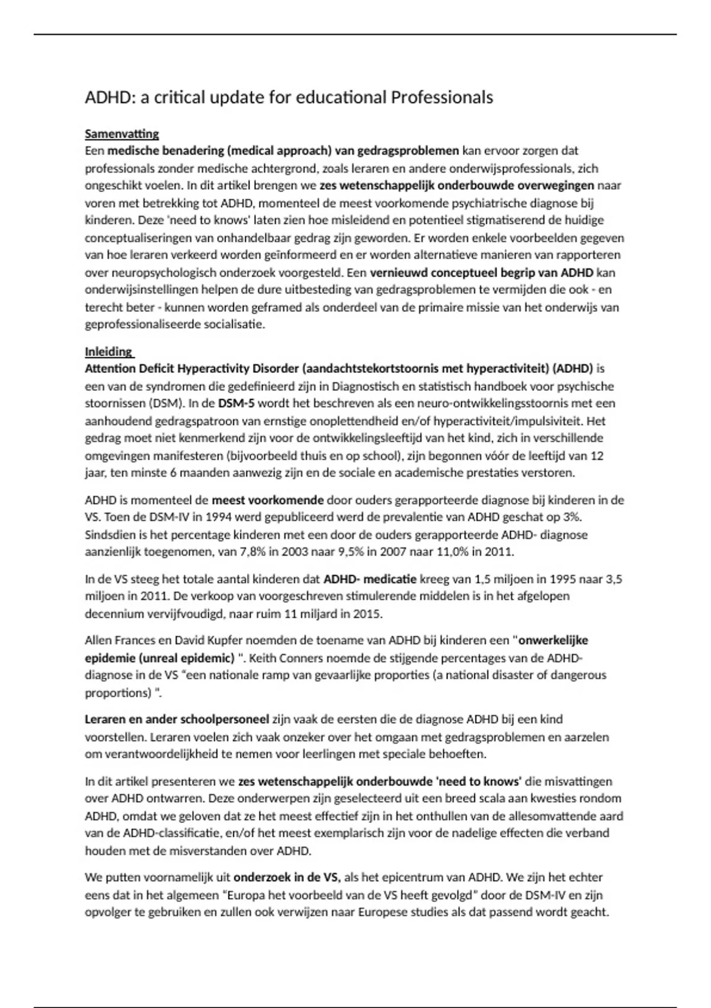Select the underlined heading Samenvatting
(x=121, y=133)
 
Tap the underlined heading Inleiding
(x=108, y=351)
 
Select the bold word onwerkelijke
(x=553, y=640)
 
